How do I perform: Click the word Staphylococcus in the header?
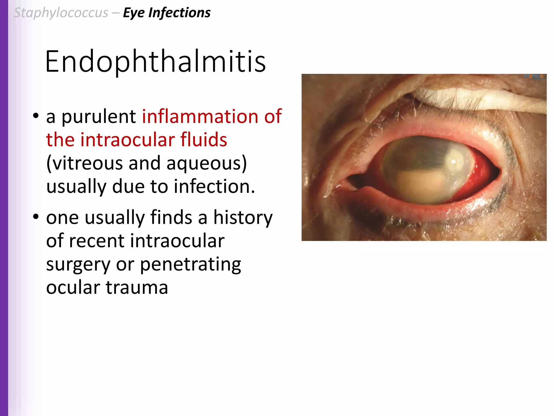[61, 13]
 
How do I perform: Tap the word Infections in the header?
[179, 13]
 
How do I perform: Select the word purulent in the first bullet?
[99, 117]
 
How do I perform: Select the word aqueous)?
[206, 163]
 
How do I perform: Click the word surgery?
[78, 265]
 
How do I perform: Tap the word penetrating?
[190, 265]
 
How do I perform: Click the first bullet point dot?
[36, 116]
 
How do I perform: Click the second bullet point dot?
[36, 217]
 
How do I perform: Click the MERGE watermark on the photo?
[534, 77]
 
